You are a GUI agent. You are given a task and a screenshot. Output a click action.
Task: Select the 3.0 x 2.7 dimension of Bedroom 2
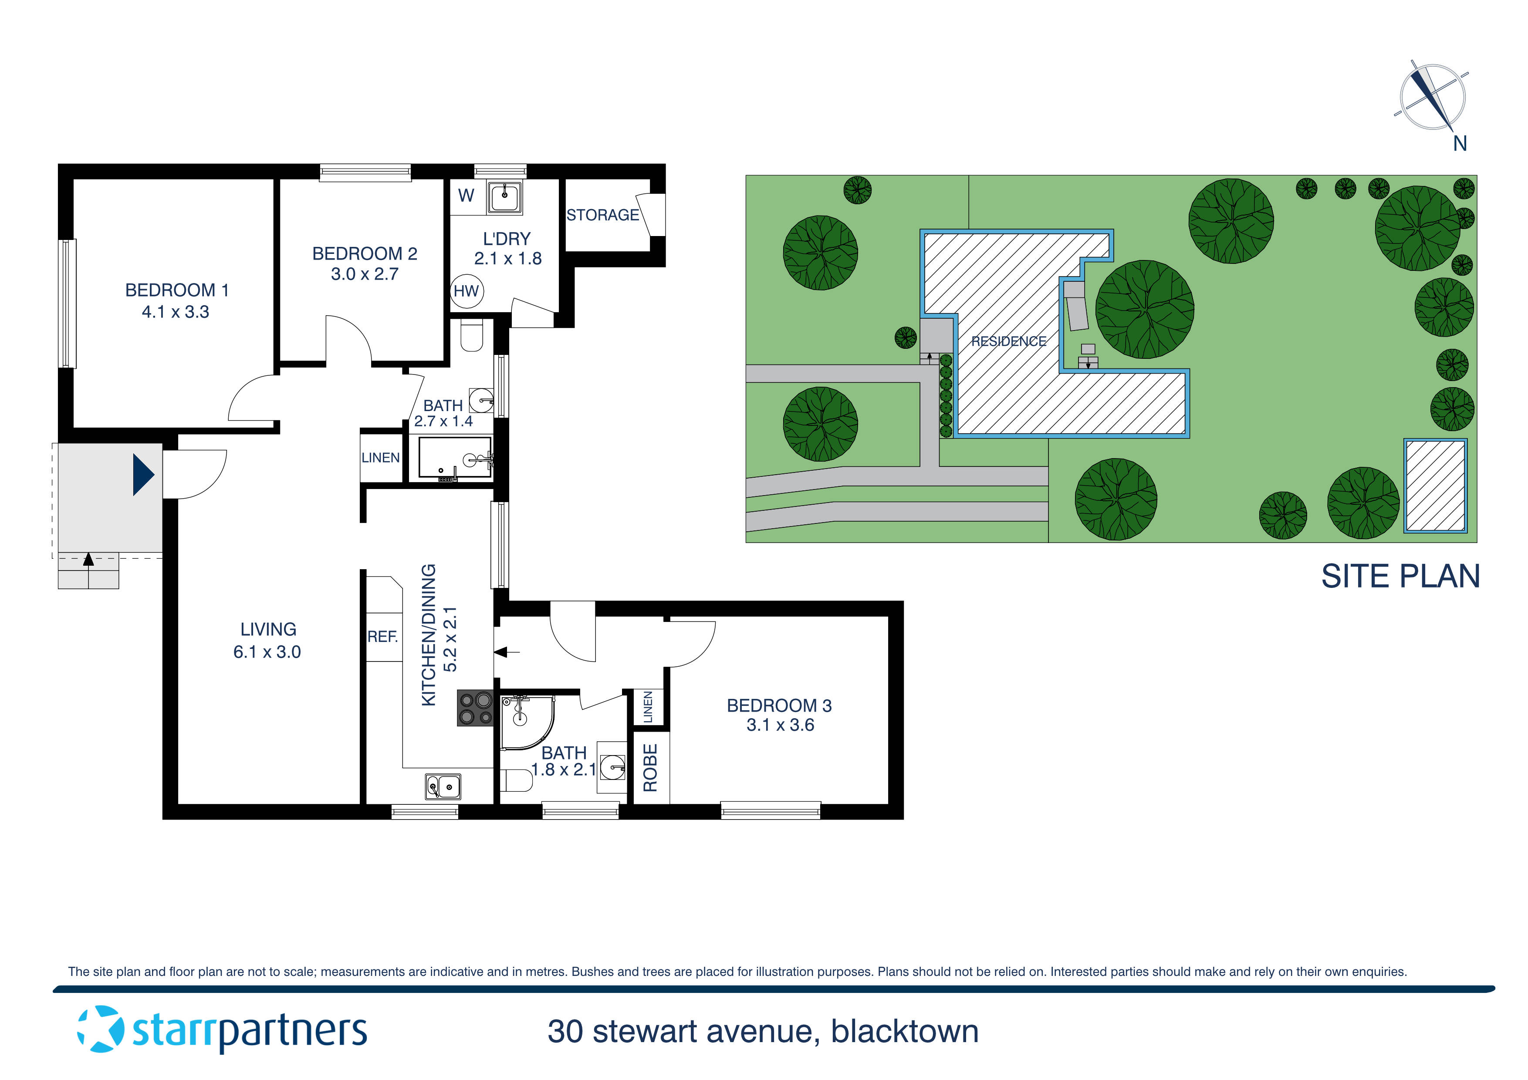365,274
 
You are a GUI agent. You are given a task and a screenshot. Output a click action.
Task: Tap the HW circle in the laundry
467,291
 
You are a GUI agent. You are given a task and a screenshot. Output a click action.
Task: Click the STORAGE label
602,215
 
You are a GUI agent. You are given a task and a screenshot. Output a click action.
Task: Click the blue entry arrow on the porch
143,474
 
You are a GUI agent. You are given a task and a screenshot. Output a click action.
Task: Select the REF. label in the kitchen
383,637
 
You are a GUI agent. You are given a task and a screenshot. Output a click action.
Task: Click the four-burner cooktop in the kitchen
475,708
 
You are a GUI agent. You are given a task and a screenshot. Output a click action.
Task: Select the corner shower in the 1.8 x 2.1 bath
524,721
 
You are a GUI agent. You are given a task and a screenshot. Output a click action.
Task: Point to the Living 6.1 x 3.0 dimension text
267,652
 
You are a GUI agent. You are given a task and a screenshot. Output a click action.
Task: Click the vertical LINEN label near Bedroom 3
648,707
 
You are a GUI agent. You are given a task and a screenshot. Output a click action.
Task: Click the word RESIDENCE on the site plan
1008,341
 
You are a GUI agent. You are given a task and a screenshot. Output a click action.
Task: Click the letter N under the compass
1460,144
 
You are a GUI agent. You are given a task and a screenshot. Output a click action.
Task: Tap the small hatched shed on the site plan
1436,486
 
